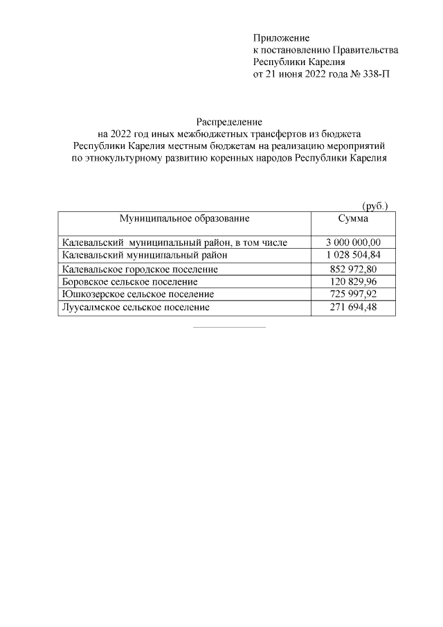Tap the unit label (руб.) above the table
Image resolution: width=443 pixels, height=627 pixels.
click(375, 206)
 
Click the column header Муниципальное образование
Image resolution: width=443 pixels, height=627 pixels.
click(184, 218)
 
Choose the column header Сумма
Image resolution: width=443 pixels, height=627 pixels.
click(353, 218)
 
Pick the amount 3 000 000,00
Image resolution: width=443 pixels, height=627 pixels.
click(353, 242)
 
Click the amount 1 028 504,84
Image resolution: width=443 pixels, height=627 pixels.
click(353, 256)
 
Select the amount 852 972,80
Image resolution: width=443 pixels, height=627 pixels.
click(353, 269)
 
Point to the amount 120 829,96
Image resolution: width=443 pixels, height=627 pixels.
click(353, 282)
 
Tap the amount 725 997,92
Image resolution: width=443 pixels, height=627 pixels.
click(353, 294)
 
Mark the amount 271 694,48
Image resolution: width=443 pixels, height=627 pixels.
click(353, 307)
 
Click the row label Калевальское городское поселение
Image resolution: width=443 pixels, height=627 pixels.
click(140, 269)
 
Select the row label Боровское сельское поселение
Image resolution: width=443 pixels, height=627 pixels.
click(129, 282)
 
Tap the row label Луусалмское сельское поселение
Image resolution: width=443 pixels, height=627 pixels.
click(135, 307)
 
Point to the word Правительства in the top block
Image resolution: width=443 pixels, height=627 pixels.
click(366, 49)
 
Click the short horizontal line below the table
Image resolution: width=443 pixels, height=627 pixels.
click(228, 327)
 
